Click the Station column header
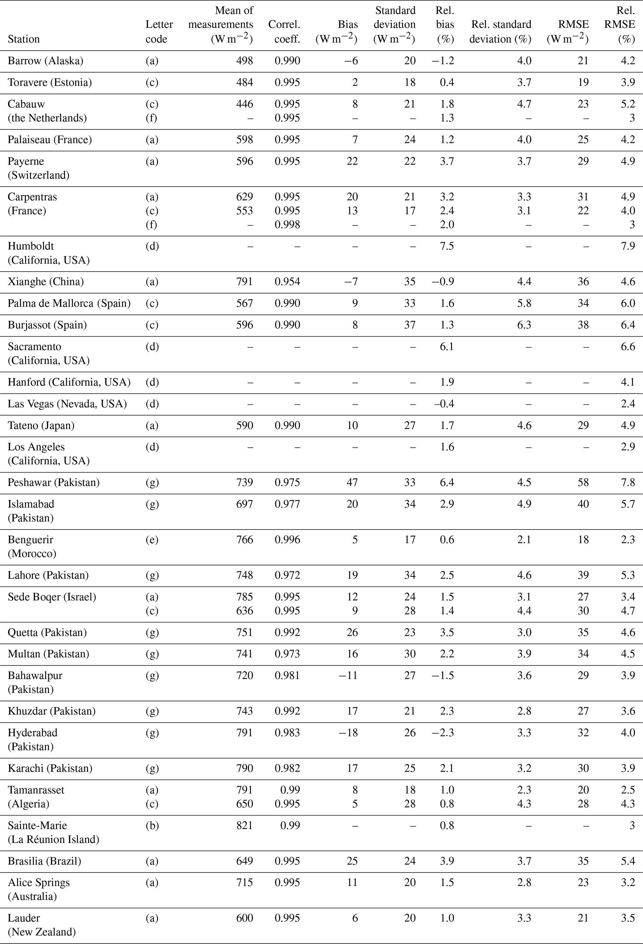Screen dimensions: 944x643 click(24, 39)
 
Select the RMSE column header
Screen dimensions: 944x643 click(567, 32)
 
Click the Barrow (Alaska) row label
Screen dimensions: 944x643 click(45, 61)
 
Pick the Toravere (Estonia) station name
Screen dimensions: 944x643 click(49, 82)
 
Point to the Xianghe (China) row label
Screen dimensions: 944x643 click(45, 282)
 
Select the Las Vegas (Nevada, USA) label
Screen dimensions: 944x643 click(67, 404)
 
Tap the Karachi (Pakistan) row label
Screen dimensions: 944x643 click(50, 768)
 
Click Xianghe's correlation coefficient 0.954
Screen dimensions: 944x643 click(287, 282)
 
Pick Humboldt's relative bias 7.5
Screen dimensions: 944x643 click(447, 246)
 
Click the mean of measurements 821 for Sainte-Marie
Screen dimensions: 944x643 click(245, 825)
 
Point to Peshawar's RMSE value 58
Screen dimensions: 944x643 click(583, 482)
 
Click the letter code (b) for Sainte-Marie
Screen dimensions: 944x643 click(152, 825)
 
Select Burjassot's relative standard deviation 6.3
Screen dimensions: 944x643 click(524, 325)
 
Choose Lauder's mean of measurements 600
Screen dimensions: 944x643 click(245, 918)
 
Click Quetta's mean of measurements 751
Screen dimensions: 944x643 click(245, 633)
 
